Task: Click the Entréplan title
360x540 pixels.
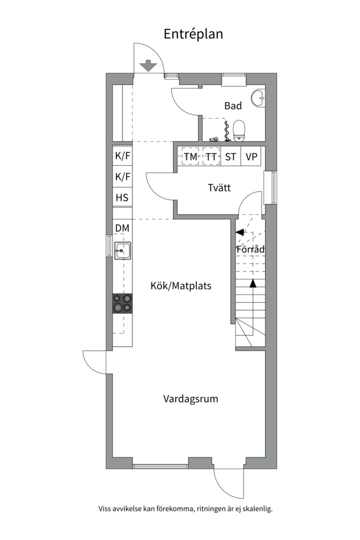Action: pyautogui.click(x=193, y=34)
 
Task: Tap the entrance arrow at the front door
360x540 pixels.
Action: pyautogui.click(x=148, y=65)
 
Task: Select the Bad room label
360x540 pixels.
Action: pyautogui.click(x=233, y=105)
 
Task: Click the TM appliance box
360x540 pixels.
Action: pyautogui.click(x=190, y=156)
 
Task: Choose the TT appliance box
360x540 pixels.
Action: pyautogui.click(x=211, y=156)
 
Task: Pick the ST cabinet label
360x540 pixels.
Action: pyautogui.click(x=230, y=157)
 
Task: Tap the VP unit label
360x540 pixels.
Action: pyautogui.click(x=251, y=157)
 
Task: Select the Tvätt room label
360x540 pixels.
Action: pyautogui.click(x=219, y=187)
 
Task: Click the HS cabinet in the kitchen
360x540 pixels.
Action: pyautogui.click(x=122, y=197)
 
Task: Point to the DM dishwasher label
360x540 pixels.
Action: pyautogui.click(x=122, y=228)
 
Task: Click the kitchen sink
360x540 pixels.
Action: pyautogui.click(x=122, y=250)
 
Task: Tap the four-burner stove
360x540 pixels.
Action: pyautogui.click(x=122, y=303)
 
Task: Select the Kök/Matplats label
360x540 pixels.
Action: pyautogui.click(x=181, y=286)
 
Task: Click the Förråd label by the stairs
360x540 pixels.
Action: pyautogui.click(x=250, y=249)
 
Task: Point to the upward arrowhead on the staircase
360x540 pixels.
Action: pyautogui.click(x=253, y=283)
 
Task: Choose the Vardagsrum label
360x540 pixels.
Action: pyautogui.click(x=190, y=399)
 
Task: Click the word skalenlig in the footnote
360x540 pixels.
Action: pyautogui.click(x=257, y=508)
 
